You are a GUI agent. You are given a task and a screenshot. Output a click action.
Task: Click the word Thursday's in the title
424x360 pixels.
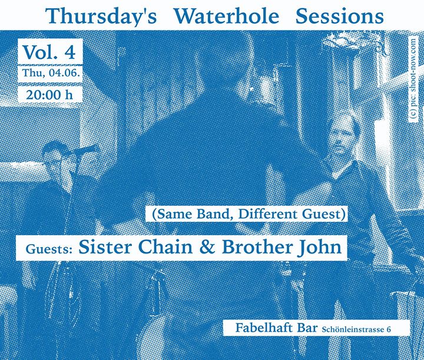coord(101,16)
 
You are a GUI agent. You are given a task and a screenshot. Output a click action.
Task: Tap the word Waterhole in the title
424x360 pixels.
coord(227,16)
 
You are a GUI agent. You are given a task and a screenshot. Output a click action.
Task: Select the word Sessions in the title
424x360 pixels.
coord(340,16)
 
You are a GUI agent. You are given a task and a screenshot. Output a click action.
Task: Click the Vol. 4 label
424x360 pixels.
coord(49,52)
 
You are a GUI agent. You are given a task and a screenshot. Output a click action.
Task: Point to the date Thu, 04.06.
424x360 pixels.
coord(51,73)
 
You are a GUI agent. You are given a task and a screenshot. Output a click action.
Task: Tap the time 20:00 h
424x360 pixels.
coord(49,95)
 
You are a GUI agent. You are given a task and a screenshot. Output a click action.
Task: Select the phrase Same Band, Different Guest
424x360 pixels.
coord(249,214)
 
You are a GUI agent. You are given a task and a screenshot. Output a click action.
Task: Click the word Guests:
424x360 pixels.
coord(49,249)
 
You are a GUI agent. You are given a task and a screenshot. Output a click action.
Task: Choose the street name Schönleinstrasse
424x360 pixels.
coord(353,329)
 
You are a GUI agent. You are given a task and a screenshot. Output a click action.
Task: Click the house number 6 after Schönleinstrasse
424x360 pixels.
coord(389,330)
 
